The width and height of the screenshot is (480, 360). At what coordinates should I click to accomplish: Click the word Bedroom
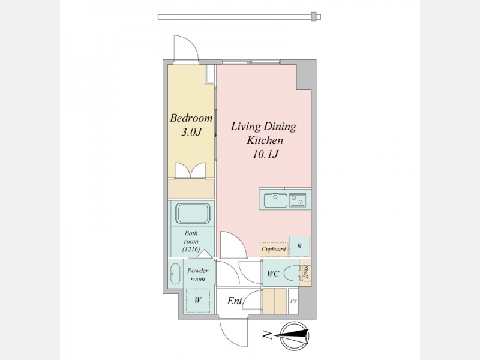click(x=191, y=118)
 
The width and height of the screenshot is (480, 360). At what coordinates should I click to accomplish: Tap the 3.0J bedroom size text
click(x=191, y=132)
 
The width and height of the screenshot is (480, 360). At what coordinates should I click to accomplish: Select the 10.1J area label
click(x=265, y=154)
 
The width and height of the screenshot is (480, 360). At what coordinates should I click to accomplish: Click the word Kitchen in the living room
click(x=265, y=140)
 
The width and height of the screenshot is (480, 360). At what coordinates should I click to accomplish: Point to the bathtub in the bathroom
click(x=193, y=214)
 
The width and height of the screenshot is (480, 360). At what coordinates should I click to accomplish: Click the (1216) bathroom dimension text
click(x=191, y=249)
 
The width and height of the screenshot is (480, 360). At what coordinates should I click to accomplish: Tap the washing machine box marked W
click(x=198, y=301)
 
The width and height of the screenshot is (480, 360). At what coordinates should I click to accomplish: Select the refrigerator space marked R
click(x=299, y=246)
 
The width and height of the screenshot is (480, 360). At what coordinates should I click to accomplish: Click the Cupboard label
click(x=274, y=249)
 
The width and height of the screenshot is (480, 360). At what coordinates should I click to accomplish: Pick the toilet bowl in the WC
click(x=292, y=274)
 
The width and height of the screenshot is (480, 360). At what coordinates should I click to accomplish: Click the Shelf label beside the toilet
click(x=305, y=272)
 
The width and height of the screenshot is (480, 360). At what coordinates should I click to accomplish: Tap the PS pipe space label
click(x=293, y=301)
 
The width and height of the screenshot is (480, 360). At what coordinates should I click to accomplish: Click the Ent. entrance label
click(x=235, y=301)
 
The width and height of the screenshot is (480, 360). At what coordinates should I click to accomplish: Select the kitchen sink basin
click(x=275, y=200)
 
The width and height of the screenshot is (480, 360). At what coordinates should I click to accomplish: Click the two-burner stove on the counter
click(x=298, y=200)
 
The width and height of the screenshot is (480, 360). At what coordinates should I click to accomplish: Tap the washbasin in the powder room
click(x=175, y=274)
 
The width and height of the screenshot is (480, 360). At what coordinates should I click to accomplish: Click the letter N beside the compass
click(x=267, y=335)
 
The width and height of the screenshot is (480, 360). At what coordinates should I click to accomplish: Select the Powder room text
click(x=198, y=275)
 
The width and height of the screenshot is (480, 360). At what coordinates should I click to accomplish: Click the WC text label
click(x=273, y=274)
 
